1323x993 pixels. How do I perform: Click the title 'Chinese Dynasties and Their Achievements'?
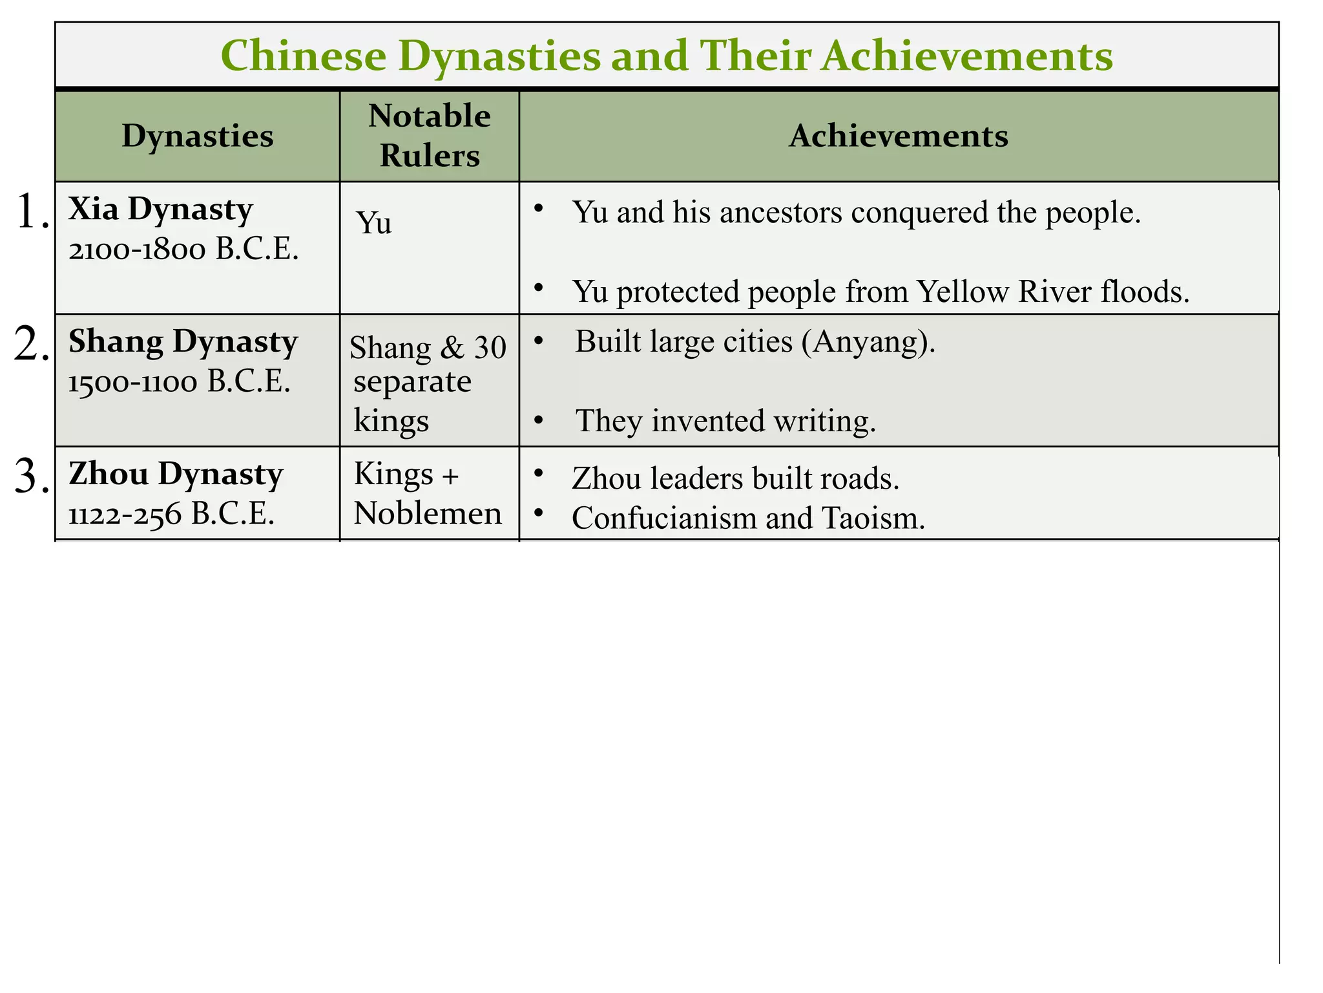click(x=666, y=56)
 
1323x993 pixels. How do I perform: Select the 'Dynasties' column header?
click(x=197, y=136)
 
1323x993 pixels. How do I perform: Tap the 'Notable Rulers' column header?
click(x=429, y=136)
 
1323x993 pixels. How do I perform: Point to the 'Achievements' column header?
click(x=898, y=136)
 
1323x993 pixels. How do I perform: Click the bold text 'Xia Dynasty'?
click(x=160, y=209)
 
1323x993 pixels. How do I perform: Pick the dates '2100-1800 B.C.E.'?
click(x=183, y=250)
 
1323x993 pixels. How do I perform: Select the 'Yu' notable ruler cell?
click(x=374, y=223)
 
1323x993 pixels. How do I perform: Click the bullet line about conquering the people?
click(x=856, y=212)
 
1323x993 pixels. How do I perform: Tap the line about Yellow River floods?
click(x=880, y=292)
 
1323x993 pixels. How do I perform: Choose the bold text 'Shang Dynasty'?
click(x=183, y=341)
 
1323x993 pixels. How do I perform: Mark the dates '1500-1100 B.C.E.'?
click(x=179, y=382)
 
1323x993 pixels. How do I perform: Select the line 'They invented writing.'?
click(x=725, y=421)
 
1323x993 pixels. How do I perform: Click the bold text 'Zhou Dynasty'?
click(x=175, y=474)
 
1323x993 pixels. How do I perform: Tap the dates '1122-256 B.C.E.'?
click(x=171, y=515)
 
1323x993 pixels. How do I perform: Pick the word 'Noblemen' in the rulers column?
click(x=428, y=514)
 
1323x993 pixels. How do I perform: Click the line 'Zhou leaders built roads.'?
click(x=735, y=478)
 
